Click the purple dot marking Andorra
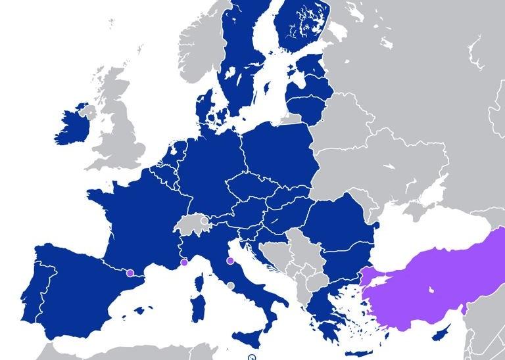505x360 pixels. [x=130, y=272]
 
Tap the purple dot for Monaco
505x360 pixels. [x=184, y=263]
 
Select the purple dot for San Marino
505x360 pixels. [x=229, y=261]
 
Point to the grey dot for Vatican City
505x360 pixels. [x=230, y=285]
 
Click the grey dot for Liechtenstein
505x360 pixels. [x=205, y=221]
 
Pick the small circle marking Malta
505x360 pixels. [x=251, y=357]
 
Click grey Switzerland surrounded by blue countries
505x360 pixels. [x=191, y=227]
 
